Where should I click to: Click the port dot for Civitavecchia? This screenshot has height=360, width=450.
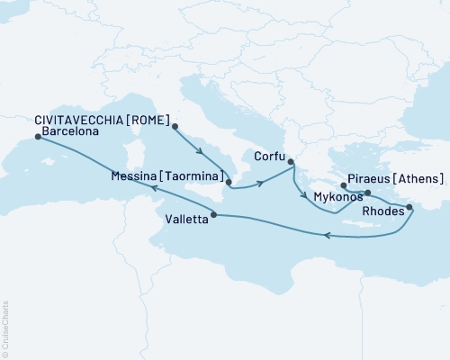click(x=175, y=126)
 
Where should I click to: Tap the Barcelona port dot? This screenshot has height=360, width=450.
click(x=37, y=137)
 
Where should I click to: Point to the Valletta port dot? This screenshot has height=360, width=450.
click(x=213, y=214)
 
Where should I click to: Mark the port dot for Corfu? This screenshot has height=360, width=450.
click(x=291, y=163)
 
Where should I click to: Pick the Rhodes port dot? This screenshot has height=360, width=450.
click(x=409, y=207)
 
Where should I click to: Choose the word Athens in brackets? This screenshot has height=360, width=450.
click(x=419, y=178)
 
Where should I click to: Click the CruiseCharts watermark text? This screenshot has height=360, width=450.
click(x=6, y=324)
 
